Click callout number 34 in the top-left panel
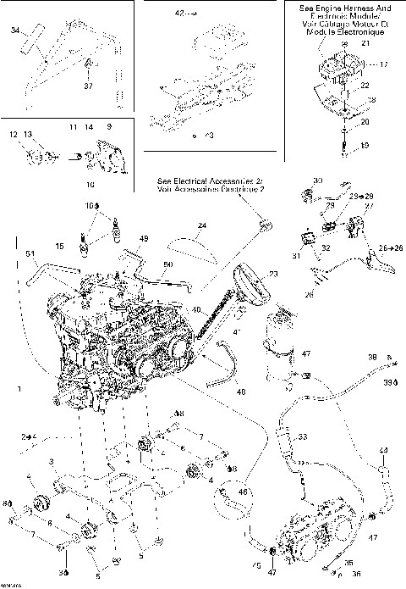[14, 31]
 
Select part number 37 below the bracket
[88, 85]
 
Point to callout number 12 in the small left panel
[14, 135]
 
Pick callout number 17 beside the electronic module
[383, 64]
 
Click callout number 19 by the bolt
[365, 146]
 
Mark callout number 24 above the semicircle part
[201, 226]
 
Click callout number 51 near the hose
[30, 253]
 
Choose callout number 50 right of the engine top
[167, 265]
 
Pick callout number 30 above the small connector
[317, 182]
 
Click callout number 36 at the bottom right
[355, 572]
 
